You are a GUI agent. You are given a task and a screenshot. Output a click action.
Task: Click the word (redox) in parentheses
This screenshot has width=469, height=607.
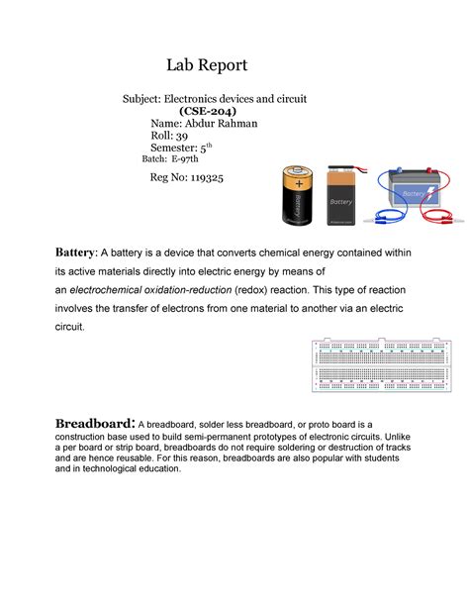tap(251, 288)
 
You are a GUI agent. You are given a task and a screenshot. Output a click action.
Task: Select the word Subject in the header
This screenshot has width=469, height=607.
tap(141, 100)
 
